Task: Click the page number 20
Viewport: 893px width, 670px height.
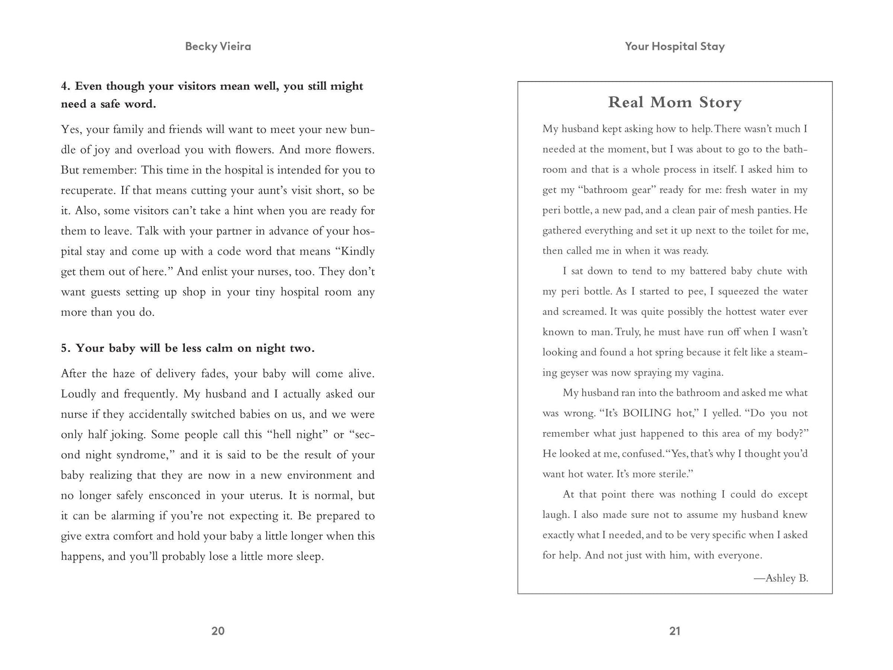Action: (218, 631)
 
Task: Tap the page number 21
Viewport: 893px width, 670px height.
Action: (675, 631)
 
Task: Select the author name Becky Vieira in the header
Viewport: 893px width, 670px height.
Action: (218, 46)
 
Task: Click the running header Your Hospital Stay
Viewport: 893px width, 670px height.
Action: (675, 46)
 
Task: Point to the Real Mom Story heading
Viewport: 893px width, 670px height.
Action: (675, 102)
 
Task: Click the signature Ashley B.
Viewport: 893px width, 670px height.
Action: (781, 578)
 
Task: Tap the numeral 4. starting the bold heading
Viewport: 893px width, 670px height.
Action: (66, 86)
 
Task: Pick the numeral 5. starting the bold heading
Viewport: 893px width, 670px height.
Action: (66, 348)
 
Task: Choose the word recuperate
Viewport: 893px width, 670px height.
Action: (87, 190)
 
